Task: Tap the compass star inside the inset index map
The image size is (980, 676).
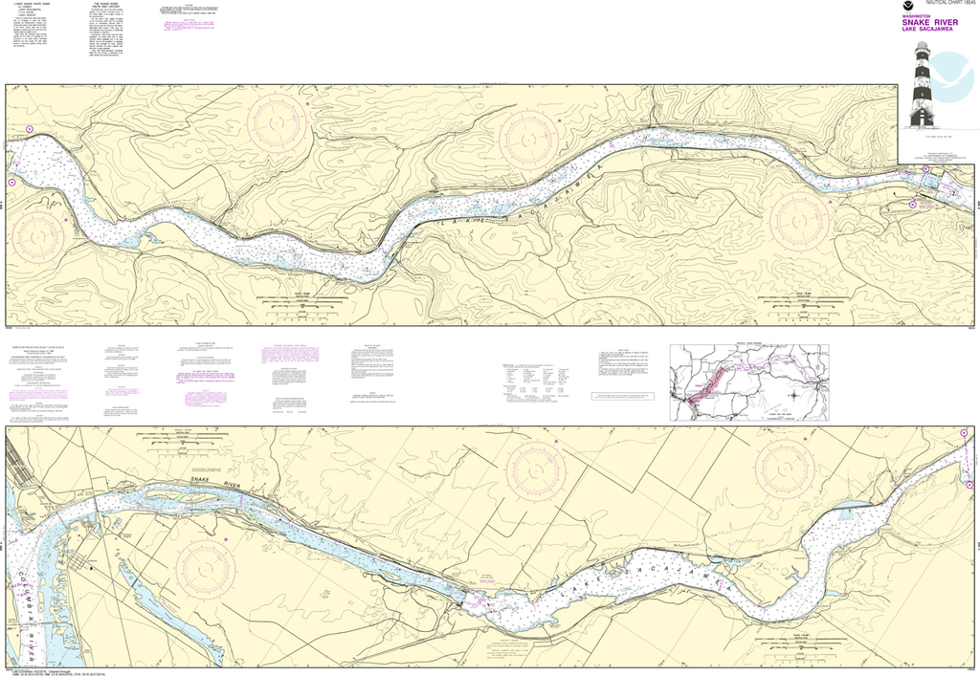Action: point(793,396)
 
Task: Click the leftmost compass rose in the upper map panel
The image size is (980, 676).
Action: point(35,233)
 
